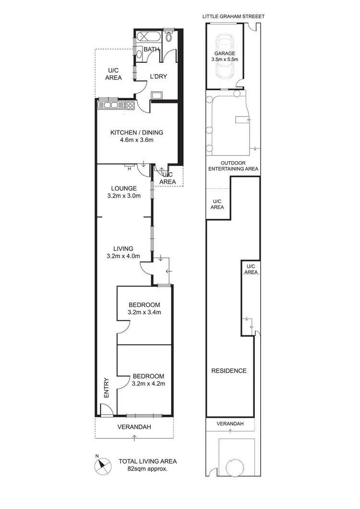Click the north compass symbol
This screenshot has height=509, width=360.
pos(102,464)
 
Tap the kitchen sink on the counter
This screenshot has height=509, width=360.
pos(108,105)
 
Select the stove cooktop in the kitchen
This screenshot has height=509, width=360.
pos(129,105)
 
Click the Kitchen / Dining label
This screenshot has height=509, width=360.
pos(137,133)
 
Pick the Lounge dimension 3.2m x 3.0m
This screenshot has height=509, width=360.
pos(123,196)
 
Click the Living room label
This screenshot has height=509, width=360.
pos(123,248)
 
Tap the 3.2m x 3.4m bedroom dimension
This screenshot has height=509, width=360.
pos(144,312)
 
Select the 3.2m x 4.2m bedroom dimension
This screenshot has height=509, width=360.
pos(148,383)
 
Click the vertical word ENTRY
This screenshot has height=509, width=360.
pos(106,388)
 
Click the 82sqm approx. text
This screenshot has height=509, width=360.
pos(147,469)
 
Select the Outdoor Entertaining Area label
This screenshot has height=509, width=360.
pos(233,166)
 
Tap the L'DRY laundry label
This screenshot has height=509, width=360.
pos(158,76)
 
